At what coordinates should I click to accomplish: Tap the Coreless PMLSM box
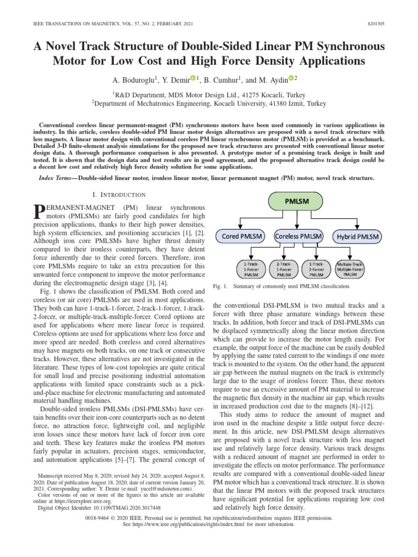point(298,237)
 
